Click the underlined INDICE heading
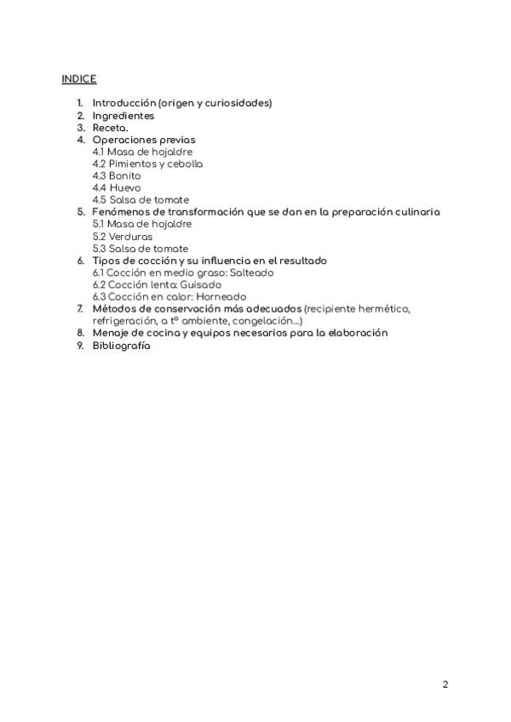coord(78,79)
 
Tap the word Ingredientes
coord(123,115)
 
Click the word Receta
coord(111,127)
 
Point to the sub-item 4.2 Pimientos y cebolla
coord(147,163)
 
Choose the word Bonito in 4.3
coord(124,175)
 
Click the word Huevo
coord(125,187)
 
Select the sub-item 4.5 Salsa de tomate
coord(141,200)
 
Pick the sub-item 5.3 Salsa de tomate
coord(141,248)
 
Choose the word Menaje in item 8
coord(111,333)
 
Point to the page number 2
coord(445,684)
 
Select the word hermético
coord(382,308)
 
